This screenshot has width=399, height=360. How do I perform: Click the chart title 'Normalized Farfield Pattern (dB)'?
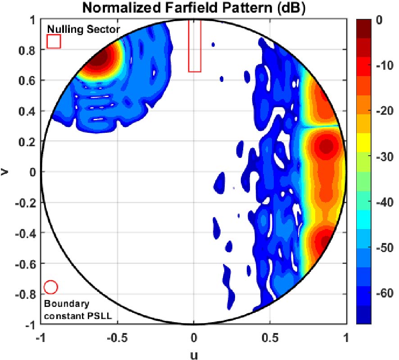[194, 8]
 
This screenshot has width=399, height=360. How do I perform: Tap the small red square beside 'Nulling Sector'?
[54, 41]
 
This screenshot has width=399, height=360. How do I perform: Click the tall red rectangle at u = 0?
[195, 46]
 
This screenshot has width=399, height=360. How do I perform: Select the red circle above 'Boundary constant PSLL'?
[50, 287]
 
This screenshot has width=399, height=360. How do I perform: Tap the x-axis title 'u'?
[194, 355]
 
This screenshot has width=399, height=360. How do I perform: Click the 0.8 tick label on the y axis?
[29, 50]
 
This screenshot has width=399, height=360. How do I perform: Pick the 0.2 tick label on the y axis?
[29, 142]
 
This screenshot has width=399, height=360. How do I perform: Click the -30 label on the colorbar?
[382, 157]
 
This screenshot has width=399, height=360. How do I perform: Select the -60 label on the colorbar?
[382, 293]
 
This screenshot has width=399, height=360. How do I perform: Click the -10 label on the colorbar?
[382, 66]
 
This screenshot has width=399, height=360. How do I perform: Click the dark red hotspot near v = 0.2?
[327, 146]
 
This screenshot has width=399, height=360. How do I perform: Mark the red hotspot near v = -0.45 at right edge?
[325, 243]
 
